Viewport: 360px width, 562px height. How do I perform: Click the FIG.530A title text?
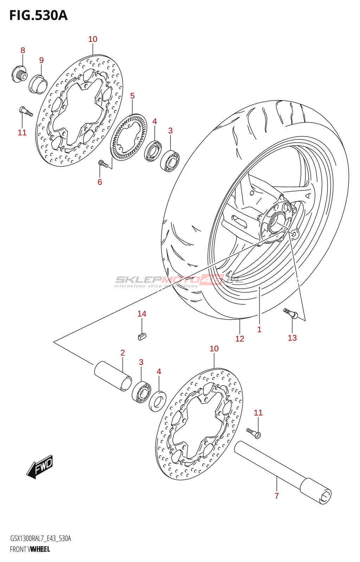tap(38, 15)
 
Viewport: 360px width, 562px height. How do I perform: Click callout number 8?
tap(23, 51)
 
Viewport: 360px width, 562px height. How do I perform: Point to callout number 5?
tap(133, 96)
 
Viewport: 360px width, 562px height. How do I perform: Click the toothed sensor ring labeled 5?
tap(129, 137)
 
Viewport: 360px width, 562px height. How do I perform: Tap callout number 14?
tap(142, 314)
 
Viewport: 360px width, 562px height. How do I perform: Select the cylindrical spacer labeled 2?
tap(113, 375)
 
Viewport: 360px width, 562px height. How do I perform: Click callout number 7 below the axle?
tap(277, 496)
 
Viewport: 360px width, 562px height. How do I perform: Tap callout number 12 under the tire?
tap(240, 339)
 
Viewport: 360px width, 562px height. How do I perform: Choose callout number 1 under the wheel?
tap(259, 329)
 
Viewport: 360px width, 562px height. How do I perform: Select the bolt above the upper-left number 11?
tap(26, 111)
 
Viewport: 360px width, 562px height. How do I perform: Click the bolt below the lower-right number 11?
tap(254, 433)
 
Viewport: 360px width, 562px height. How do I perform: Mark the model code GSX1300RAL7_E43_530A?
tap(40, 539)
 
